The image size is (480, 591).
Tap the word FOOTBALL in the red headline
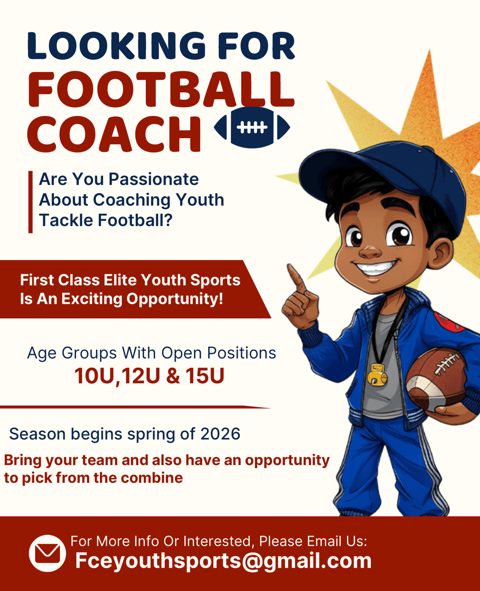161,90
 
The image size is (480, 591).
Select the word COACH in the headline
114,134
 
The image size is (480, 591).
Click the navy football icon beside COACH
252,127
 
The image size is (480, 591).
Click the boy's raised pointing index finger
296,278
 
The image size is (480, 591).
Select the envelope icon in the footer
48,553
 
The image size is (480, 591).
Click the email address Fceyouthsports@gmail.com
223,561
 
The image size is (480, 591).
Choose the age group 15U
204,376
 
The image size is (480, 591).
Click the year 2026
221,434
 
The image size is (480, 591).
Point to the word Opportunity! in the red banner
175,300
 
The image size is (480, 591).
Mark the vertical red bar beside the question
30,202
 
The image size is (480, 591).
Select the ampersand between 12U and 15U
173,376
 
